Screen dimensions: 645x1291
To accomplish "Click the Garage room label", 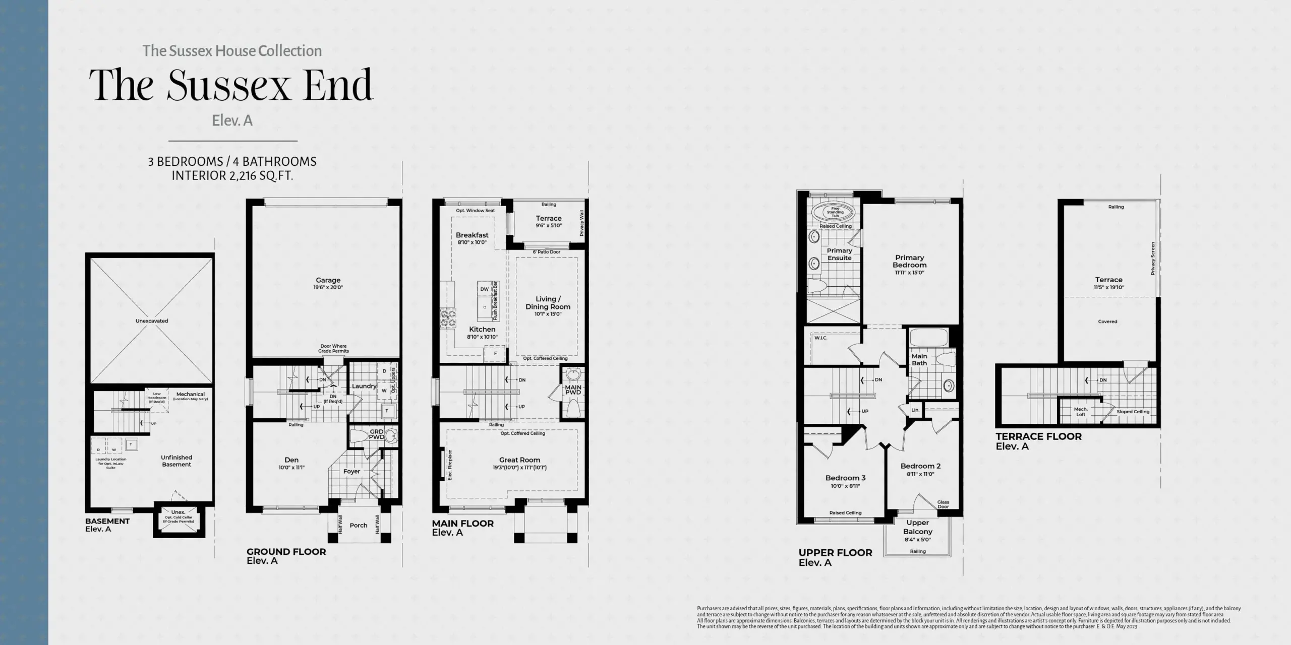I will tap(328, 280).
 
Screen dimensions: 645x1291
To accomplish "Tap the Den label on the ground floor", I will tap(291, 460).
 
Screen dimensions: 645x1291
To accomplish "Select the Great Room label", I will tap(519, 460).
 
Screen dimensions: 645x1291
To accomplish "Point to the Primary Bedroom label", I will tap(910, 261).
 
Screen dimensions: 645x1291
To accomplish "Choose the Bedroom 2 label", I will tap(920, 466).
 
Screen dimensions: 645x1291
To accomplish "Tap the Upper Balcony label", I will tap(918, 527).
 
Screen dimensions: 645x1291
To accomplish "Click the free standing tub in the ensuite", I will tap(835, 212).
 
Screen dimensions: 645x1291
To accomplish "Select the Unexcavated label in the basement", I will tap(152, 321).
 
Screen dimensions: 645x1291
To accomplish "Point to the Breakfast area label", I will tap(472, 235).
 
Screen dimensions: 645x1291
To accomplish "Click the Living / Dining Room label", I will tap(548, 302).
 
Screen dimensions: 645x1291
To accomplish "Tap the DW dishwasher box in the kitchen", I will tap(484, 289).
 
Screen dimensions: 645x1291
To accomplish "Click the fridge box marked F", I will tap(495, 354).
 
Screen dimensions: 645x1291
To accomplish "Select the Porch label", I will tap(359, 525).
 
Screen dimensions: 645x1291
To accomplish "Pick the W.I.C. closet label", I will tap(821, 338).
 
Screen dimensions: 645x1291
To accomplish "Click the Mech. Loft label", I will tap(1081, 412).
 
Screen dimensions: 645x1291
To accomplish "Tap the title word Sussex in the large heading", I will tap(228, 85).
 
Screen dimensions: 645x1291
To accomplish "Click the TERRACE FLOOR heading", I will tap(1038, 436).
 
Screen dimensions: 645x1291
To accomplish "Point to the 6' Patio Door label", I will tap(547, 252).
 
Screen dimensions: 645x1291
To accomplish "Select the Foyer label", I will tap(351, 472).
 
